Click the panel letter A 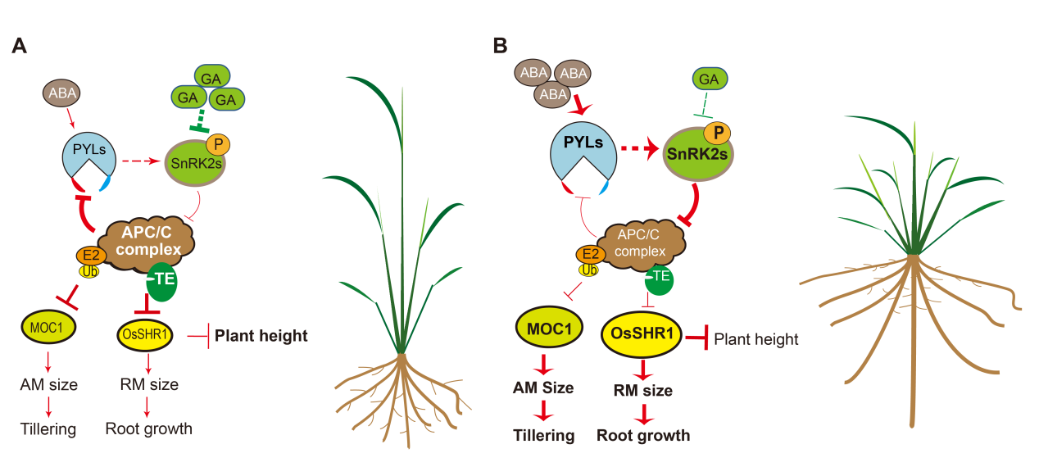tap(20, 46)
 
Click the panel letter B tap(500, 46)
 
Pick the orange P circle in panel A tap(218, 144)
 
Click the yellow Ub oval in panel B tap(588, 269)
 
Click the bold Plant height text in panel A tap(261, 335)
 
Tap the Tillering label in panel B tap(543, 435)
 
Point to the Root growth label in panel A tap(148, 428)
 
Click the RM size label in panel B tap(642, 391)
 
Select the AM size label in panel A tap(49, 383)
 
